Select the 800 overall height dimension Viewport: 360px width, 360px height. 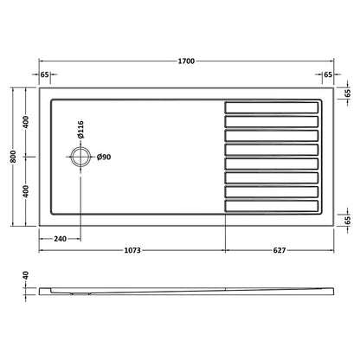pyautogui.click(x=14, y=157)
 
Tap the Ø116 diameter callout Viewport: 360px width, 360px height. pyautogui.click(x=80, y=132)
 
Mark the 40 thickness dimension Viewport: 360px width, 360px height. pyautogui.click(x=27, y=280)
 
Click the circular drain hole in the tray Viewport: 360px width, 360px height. pyautogui.click(x=80, y=157)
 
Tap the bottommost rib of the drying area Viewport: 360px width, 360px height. pyautogui.click(x=271, y=207)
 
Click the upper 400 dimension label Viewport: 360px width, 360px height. pyautogui.click(x=27, y=122)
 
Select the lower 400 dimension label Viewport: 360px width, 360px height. pyautogui.click(x=27, y=191)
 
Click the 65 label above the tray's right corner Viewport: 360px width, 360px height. pyautogui.click(x=329, y=76)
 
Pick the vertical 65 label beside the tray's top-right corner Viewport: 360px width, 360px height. pyautogui.click(x=347, y=93)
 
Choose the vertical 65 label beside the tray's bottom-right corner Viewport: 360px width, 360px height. pyautogui.click(x=347, y=220)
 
